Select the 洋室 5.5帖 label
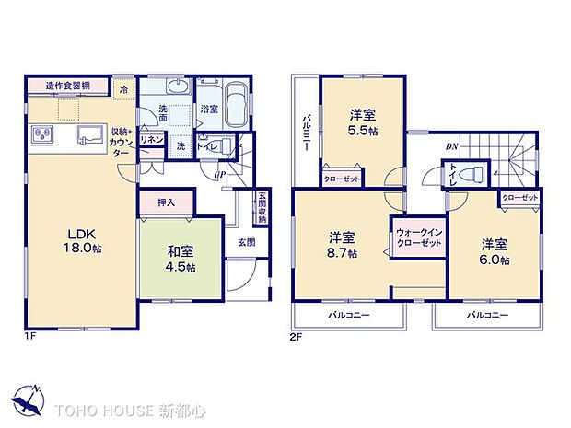pos(362,122)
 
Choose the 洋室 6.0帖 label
pos(493,251)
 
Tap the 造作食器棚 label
pos(69,87)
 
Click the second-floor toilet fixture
pos(469,174)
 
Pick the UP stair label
pos(219,175)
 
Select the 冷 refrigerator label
pos(125,89)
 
